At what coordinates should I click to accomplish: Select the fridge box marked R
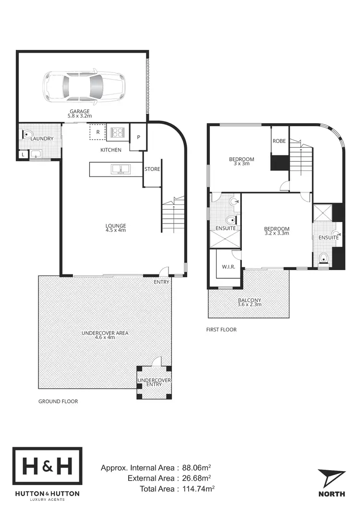(97, 132)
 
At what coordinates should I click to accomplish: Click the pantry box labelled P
(139, 137)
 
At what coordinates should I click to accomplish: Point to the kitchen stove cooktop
(118, 132)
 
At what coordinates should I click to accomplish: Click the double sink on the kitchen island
(120, 169)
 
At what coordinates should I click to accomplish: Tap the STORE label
(152, 169)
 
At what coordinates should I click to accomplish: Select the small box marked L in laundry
(23, 154)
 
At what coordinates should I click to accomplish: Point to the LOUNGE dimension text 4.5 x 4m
(116, 230)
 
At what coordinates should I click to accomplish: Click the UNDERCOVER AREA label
(105, 332)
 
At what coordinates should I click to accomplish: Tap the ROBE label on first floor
(279, 141)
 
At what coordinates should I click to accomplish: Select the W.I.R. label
(228, 266)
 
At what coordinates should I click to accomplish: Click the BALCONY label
(249, 301)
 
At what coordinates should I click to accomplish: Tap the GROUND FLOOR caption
(58, 401)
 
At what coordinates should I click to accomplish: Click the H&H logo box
(47, 467)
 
